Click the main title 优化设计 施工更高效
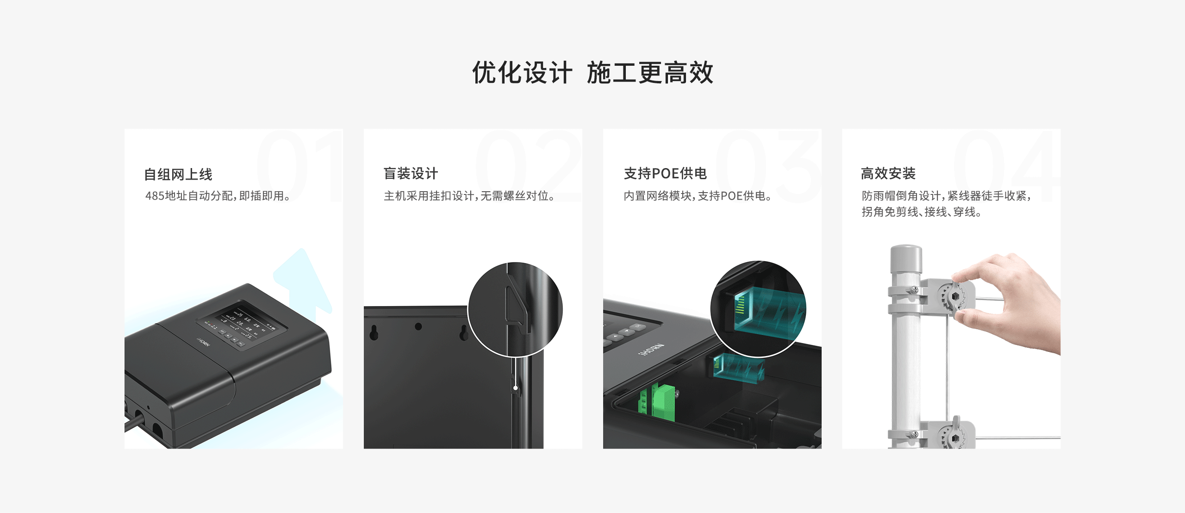point(592,73)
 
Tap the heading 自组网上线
point(178,175)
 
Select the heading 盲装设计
point(411,174)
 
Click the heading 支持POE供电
point(665,174)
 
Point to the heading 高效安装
point(888,174)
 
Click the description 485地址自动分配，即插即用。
point(218,196)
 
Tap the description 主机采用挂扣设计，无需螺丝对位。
point(469,196)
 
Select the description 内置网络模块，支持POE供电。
point(698,196)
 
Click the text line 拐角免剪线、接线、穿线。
point(921,212)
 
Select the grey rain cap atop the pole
point(906,258)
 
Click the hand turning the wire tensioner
point(1014,301)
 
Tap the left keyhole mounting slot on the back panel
point(374,332)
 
